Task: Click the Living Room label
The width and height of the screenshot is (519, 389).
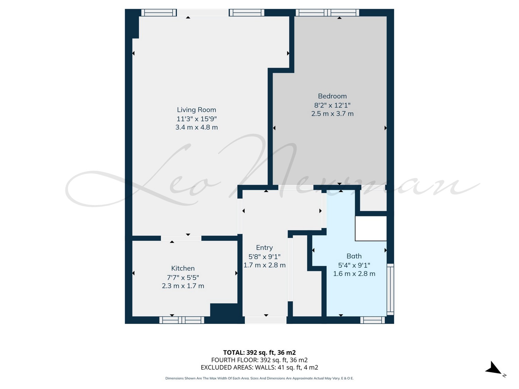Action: [196, 110]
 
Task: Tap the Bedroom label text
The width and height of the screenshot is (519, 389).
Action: [332, 96]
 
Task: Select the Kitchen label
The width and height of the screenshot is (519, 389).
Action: [183, 268]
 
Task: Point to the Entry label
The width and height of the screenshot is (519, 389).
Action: [264, 248]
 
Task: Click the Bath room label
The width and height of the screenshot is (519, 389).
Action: [354, 256]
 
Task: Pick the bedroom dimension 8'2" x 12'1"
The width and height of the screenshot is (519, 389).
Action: [332, 105]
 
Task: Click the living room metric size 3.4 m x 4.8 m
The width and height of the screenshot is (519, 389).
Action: [196, 127]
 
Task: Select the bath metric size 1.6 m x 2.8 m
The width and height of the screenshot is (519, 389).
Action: [354, 274]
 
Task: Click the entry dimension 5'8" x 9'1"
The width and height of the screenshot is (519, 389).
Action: [264, 257]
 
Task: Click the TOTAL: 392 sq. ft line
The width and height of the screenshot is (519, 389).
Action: [259, 352]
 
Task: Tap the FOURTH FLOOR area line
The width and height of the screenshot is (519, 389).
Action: [259, 360]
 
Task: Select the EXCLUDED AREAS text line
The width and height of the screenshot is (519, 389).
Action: [259, 368]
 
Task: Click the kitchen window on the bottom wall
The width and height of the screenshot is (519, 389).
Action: [182, 320]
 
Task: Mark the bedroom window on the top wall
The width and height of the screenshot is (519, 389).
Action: [327, 12]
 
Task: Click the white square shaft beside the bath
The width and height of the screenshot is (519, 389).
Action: [371, 229]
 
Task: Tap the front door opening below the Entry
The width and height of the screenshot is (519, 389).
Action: [265, 320]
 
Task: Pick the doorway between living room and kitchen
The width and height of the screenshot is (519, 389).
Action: [181, 238]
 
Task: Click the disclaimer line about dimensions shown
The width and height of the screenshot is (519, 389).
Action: [259, 378]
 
